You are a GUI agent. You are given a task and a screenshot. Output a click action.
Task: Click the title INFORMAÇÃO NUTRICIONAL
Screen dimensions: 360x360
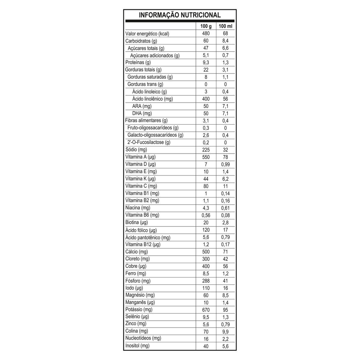tap(180, 15)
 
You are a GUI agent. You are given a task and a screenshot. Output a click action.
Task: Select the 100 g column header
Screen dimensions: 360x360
tap(206, 26)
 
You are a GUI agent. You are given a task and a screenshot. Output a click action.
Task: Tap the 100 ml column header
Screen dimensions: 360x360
tap(226, 26)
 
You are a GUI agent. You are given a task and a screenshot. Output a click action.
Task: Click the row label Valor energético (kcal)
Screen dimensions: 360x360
tap(147, 34)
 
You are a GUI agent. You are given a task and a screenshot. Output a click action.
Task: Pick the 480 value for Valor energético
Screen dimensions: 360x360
tap(206, 34)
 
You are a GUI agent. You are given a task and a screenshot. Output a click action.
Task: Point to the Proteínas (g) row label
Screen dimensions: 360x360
tap(138, 62)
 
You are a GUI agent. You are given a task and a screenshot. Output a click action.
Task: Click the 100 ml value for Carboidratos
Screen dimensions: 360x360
tap(226, 41)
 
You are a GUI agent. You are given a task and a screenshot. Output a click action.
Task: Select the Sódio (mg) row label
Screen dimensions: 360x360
tap(136, 149)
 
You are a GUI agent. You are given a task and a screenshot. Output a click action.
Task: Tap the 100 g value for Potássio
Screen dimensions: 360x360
tap(206, 310)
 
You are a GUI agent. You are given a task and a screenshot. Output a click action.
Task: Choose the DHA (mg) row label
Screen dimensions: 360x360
tap(142, 113)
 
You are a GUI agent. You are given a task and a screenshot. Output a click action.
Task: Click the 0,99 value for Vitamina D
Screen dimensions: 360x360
tap(226, 164)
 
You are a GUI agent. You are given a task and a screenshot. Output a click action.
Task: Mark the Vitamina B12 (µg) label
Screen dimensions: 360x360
tap(143, 244)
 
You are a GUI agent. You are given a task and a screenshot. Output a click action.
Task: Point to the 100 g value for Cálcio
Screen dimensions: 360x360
tap(206, 252)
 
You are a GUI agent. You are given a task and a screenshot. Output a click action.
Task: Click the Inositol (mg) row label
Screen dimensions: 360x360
tap(137, 346)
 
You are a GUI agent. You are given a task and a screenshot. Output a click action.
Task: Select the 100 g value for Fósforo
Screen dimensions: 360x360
tap(206, 281)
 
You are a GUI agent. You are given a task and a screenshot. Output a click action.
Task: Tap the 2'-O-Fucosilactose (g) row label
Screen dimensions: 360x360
tap(149, 142)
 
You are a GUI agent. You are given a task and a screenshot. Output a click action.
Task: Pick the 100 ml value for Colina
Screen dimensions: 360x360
tap(226, 331)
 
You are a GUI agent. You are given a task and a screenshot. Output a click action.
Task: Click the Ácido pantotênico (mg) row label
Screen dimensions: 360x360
tap(148, 237)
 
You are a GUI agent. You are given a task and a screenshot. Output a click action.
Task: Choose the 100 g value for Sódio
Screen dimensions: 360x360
tap(206, 150)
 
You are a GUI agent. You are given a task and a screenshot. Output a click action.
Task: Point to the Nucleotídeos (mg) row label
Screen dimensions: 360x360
tap(143, 338)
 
